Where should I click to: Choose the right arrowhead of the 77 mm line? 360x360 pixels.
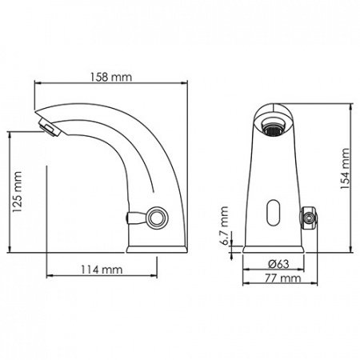[314, 286]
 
